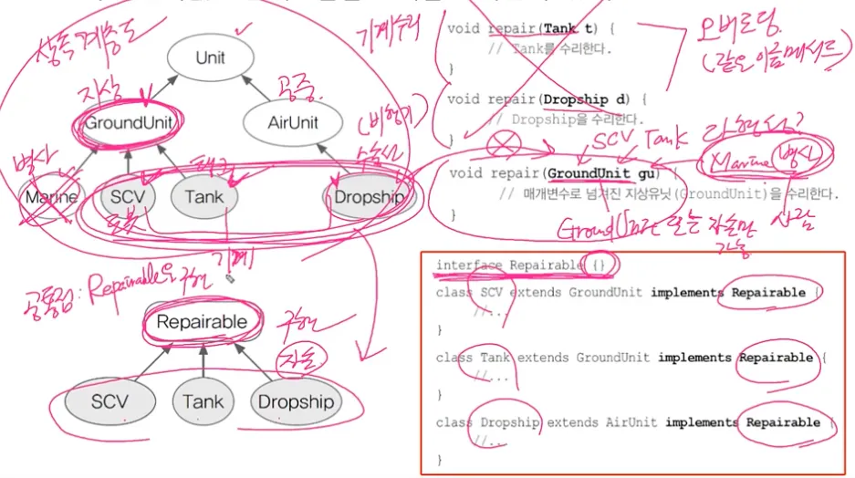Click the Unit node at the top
210,58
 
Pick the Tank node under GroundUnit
203,197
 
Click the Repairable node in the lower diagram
202,321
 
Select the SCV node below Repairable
109,401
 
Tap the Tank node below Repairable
203,401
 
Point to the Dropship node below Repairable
296,401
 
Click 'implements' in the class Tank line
694,358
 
